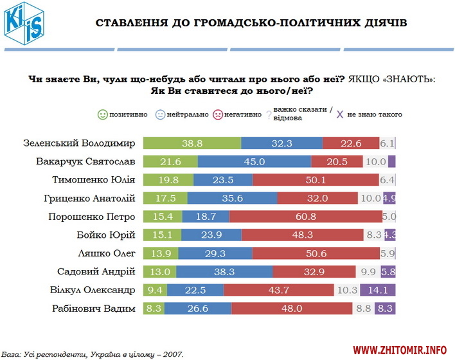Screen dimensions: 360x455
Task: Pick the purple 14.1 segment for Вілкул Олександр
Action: (x=378, y=290)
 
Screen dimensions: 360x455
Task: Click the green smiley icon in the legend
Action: (x=102, y=114)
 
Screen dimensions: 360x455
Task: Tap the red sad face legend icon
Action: (x=218, y=114)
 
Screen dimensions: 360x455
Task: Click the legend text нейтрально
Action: (x=188, y=114)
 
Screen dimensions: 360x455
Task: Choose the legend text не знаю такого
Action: (x=375, y=114)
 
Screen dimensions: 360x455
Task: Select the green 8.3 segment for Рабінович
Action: (x=152, y=309)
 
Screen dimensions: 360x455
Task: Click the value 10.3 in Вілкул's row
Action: (x=346, y=290)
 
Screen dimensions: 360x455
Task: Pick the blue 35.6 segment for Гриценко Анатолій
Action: (x=224, y=199)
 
